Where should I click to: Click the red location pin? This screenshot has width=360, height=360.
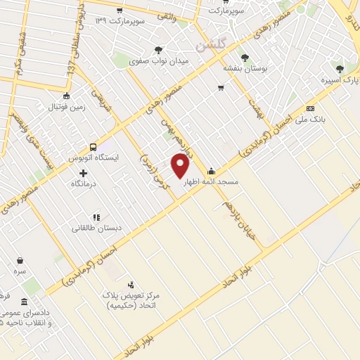(181, 165)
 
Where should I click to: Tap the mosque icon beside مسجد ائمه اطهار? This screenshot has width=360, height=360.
(211, 172)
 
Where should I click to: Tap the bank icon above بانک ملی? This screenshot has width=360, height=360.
(310, 108)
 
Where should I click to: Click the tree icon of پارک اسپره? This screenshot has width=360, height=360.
(340, 69)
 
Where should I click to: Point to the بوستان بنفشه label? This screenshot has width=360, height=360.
(243, 68)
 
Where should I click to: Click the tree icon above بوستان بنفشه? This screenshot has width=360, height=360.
(245, 58)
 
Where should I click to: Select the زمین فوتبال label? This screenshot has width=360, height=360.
(65, 107)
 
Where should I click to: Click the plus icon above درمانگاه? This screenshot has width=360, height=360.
(84, 173)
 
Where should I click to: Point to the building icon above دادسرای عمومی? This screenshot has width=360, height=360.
(25, 302)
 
